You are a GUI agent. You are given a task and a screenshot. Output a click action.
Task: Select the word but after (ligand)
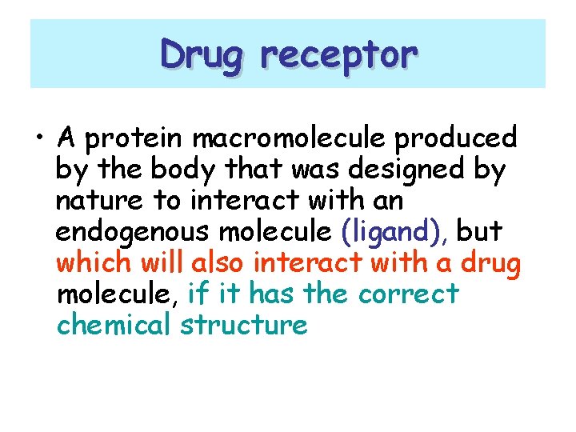(479, 231)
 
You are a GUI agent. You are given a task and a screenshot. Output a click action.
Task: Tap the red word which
(94, 262)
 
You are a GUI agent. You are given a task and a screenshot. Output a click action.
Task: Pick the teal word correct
(408, 294)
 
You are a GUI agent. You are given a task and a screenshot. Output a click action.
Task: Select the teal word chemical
(115, 325)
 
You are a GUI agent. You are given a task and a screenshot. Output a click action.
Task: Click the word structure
(244, 326)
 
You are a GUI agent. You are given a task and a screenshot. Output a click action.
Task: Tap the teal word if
(196, 294)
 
